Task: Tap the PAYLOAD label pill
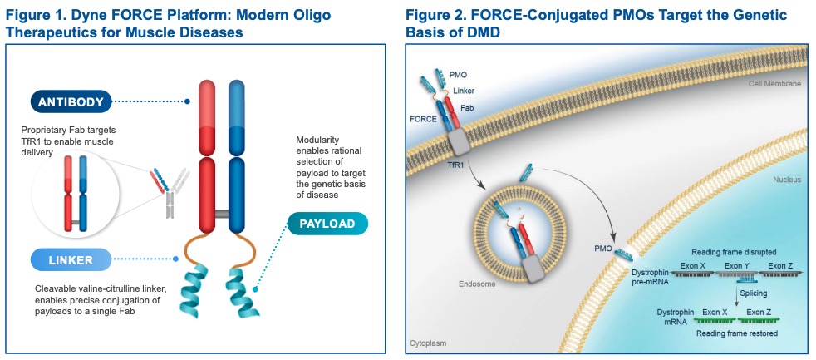pos(327,224)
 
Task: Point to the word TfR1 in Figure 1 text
pos(33,141)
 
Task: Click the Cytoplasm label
pos(428,343)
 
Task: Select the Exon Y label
pos(737,265)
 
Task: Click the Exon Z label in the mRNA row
pos(759,311)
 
